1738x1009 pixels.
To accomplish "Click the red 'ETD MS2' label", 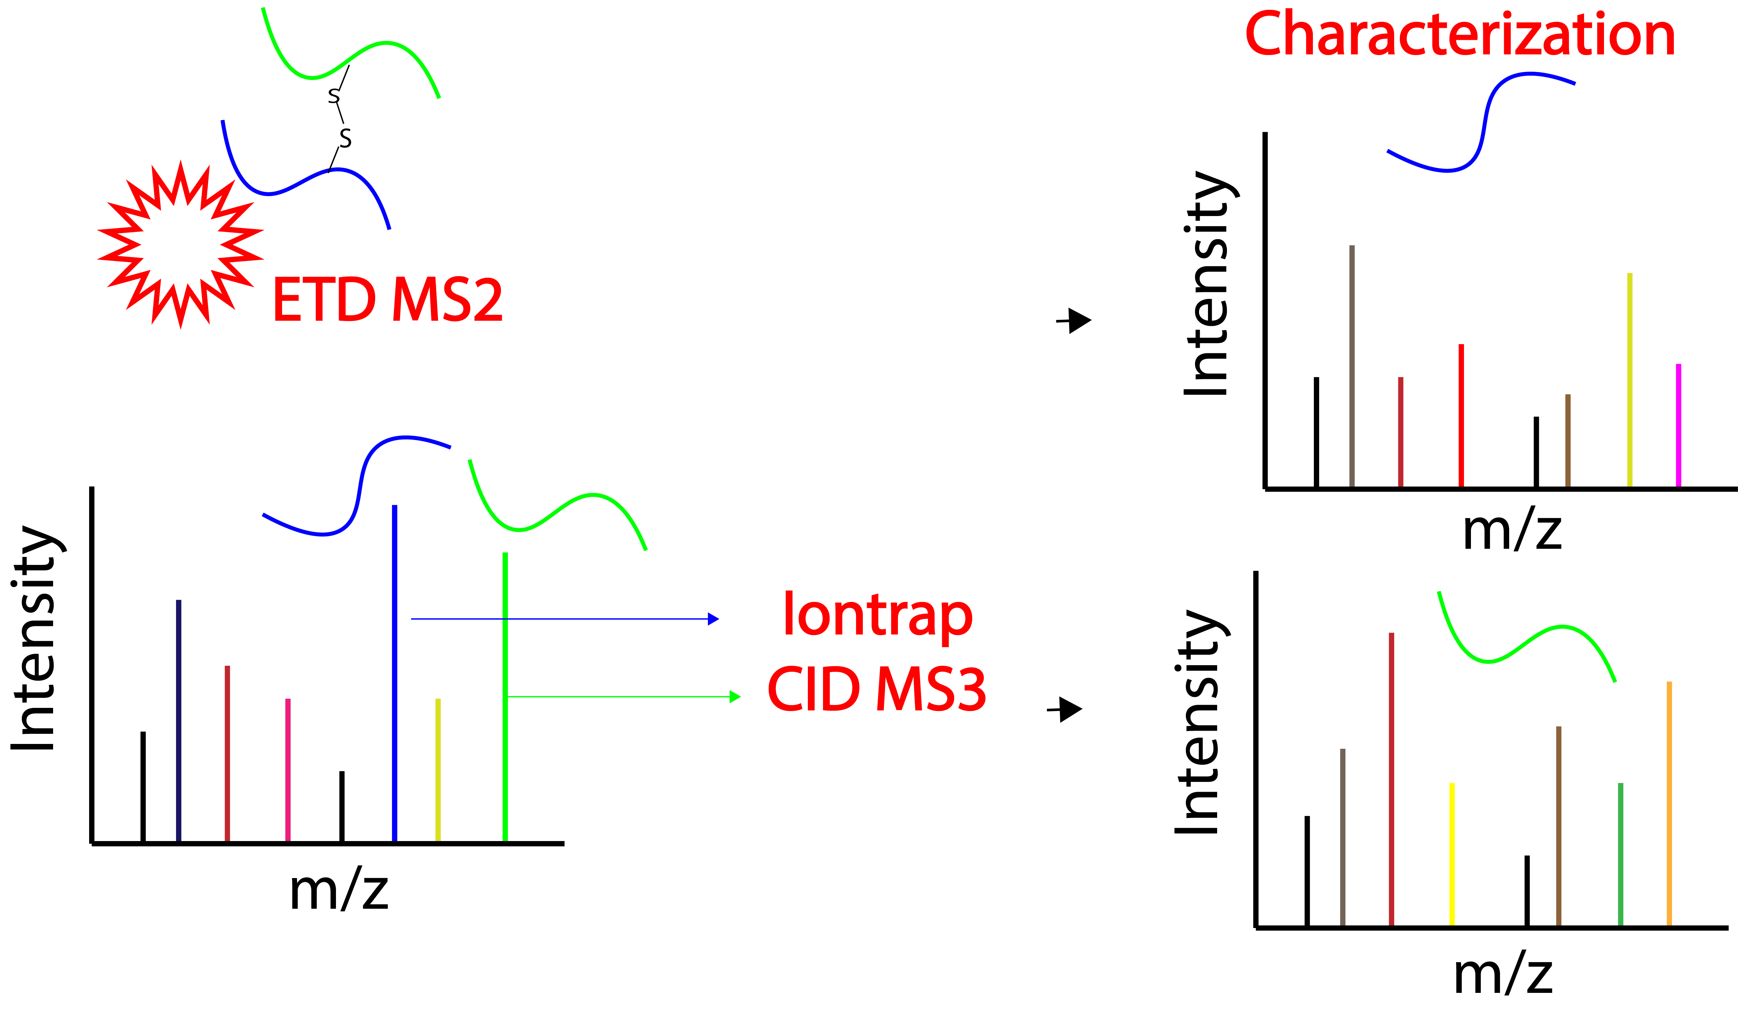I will [x=387, y=300].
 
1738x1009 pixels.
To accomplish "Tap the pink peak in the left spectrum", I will [x=288, y=770].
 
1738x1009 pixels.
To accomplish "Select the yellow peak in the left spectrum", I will [x=438, y=770].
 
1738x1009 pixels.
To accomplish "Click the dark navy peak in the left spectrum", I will [x=179, y=721].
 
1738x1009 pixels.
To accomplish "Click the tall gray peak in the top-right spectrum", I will [x=1352, y=366].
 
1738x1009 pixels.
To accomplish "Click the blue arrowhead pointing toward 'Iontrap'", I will [x=714, y=619].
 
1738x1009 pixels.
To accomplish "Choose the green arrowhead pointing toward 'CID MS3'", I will [x=735, y=697].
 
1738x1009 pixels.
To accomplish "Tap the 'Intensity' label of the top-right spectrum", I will [x=1205, y=283].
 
